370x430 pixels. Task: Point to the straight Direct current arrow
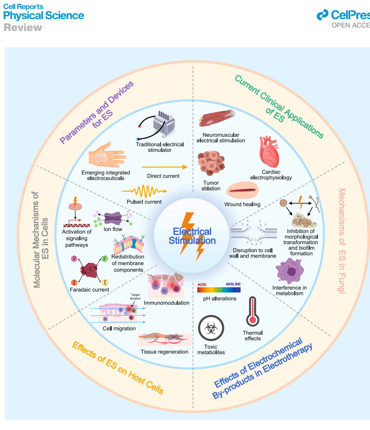point(165,167)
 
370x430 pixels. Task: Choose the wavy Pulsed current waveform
point(144,190)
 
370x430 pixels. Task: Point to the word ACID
point(203,285)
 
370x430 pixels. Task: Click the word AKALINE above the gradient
point(233,285)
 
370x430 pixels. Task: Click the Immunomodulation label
point(167,303)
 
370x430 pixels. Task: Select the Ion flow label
point(113,229)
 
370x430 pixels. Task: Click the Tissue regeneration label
point(164,352)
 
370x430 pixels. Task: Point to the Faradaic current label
point(89,290)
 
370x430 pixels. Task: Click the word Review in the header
point(23,28)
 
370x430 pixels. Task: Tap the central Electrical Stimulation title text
point(192,236)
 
